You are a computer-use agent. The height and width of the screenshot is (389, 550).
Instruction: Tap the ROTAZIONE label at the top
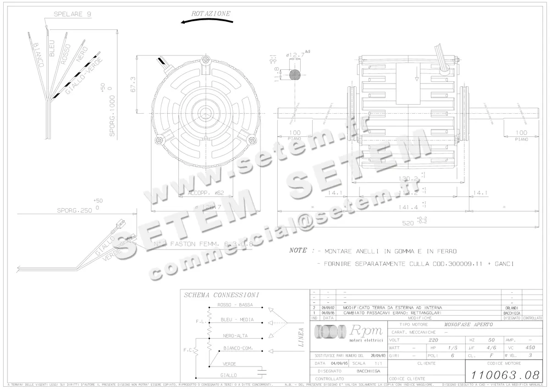[x=211, y=14]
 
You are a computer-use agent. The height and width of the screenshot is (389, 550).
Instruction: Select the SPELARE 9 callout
[x=72, y=14]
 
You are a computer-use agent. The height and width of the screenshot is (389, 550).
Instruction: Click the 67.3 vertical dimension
[x=133, y=84]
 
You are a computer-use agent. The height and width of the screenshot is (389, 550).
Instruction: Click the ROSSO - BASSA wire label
[x=235, y=305]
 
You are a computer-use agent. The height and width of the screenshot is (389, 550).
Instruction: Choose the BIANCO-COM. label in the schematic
[x=239, y=349]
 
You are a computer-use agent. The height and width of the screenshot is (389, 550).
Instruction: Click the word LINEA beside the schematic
[x=301, y=338]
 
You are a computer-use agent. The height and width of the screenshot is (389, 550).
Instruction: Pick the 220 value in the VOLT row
[x=433, y=340]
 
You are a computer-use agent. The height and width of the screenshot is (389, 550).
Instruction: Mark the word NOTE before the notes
[x=298, y=251]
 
